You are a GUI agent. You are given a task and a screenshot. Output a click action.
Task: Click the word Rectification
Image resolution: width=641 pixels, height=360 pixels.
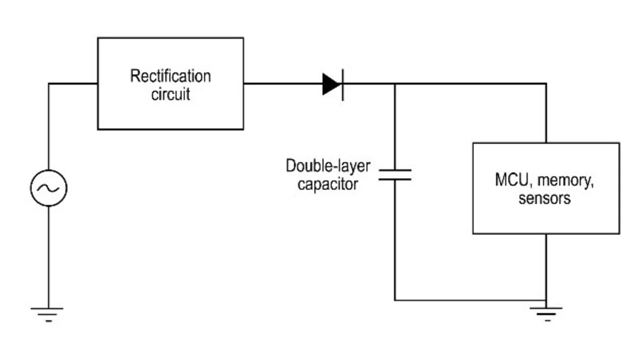pyautogui.click(x=171, y=76)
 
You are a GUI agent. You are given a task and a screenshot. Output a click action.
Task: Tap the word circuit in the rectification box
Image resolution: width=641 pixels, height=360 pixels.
pyautogui.click(x=171, y=94)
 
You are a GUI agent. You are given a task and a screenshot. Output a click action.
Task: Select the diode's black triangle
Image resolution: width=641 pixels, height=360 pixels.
pyautogui.click(x=332, y=84)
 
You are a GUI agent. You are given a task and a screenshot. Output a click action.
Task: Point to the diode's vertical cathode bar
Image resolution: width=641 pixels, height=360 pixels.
pyautogui.click(x=343, y=85)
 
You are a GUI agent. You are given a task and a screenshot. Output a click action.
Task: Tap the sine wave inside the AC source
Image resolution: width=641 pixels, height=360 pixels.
pyautogui.click(x=49, y=188)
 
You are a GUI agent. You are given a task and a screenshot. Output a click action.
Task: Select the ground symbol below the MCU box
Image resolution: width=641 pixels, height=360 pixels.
pyautogui.click(x=546, y=314)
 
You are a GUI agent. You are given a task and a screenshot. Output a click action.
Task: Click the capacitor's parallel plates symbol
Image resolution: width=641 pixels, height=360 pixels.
pyautogui.click(x=395, y=175)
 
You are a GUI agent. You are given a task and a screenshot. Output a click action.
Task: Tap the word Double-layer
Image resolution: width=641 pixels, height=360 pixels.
pyautogui.click(x=328, y=166)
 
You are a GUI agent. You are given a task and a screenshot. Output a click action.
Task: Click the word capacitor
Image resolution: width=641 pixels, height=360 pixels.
pyautogui.click(x=328, y=184)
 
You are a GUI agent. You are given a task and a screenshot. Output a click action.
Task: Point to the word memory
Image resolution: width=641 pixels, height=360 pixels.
pyautogui.click(x=565, y=181)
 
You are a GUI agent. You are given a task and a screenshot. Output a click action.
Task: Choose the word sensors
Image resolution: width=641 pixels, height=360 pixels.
pyautogui.click(x=544, y=198)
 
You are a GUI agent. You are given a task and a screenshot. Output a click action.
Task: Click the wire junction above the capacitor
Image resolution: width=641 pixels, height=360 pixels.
pyautogui.click(x=395, y=84)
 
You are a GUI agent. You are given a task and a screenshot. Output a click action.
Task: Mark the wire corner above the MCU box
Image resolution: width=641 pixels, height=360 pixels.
pyautogui.click(x=546, y=84)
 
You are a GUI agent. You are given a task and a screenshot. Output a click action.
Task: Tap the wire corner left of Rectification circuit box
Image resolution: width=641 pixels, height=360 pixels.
pyautogui.click(x=49, y=84)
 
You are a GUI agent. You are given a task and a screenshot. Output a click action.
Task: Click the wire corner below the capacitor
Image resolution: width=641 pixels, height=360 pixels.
pyautogui.click(x=395, y=300)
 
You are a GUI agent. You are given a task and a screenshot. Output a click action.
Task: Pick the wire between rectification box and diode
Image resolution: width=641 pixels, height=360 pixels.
pyautogui.click(x=283, y=84)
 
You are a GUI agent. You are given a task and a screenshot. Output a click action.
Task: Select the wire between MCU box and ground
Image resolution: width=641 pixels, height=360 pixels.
pyautogui.click(x=546, y=271)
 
